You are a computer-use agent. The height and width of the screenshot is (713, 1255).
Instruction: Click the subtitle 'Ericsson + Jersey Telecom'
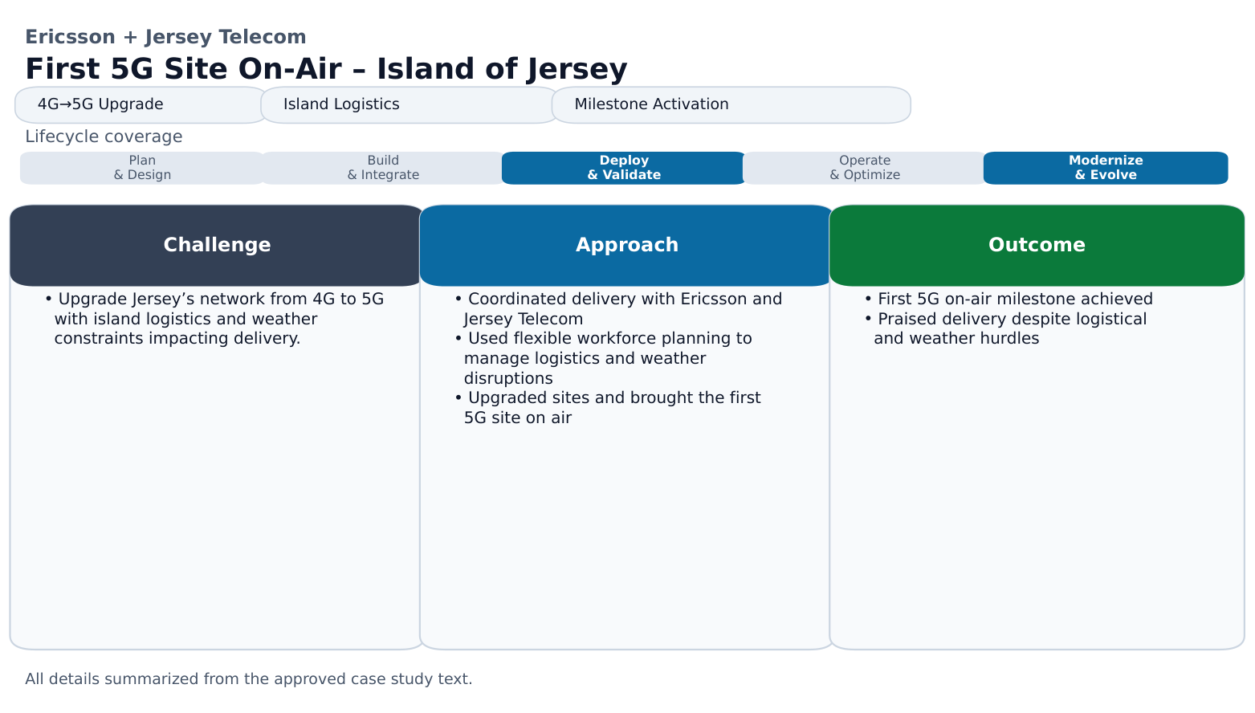[x=165, y=37]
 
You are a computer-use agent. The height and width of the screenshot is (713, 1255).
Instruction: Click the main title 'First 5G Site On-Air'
[x=325, y=69]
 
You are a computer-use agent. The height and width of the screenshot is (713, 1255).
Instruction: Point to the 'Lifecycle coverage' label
[x=104, y=136]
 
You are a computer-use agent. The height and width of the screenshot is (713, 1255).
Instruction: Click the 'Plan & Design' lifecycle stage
[x=142, y=168]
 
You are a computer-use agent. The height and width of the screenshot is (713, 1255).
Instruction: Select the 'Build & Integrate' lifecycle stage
[x=383, y=168]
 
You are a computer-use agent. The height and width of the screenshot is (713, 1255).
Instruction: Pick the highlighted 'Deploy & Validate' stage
[x=624, y=168]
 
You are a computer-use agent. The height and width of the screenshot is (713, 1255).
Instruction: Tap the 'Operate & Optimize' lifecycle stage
[x=865, y=168]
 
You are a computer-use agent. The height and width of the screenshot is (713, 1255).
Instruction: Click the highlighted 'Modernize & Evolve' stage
[x=1106, y=168]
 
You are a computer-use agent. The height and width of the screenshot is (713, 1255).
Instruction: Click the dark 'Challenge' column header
[x=217, y=245]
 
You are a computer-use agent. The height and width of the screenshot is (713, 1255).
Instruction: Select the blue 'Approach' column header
[x=627, y=245]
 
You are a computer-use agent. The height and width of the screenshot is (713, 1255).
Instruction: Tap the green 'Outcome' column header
[x=1037, y=245]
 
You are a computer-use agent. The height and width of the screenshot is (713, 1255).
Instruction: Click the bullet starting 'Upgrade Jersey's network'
[x=214, y=319]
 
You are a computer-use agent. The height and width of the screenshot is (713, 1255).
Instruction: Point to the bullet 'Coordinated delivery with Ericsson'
[x=618, y=308]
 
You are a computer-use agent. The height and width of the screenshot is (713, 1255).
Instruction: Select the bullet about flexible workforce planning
[x=604, y=358]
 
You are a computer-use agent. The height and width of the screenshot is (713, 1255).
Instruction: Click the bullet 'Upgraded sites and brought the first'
[x=608, y=408]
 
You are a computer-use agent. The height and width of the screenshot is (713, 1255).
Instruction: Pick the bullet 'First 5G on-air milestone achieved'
[x=1008, y=299]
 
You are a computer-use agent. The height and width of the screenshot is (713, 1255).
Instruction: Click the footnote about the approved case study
[x=249, y=679]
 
